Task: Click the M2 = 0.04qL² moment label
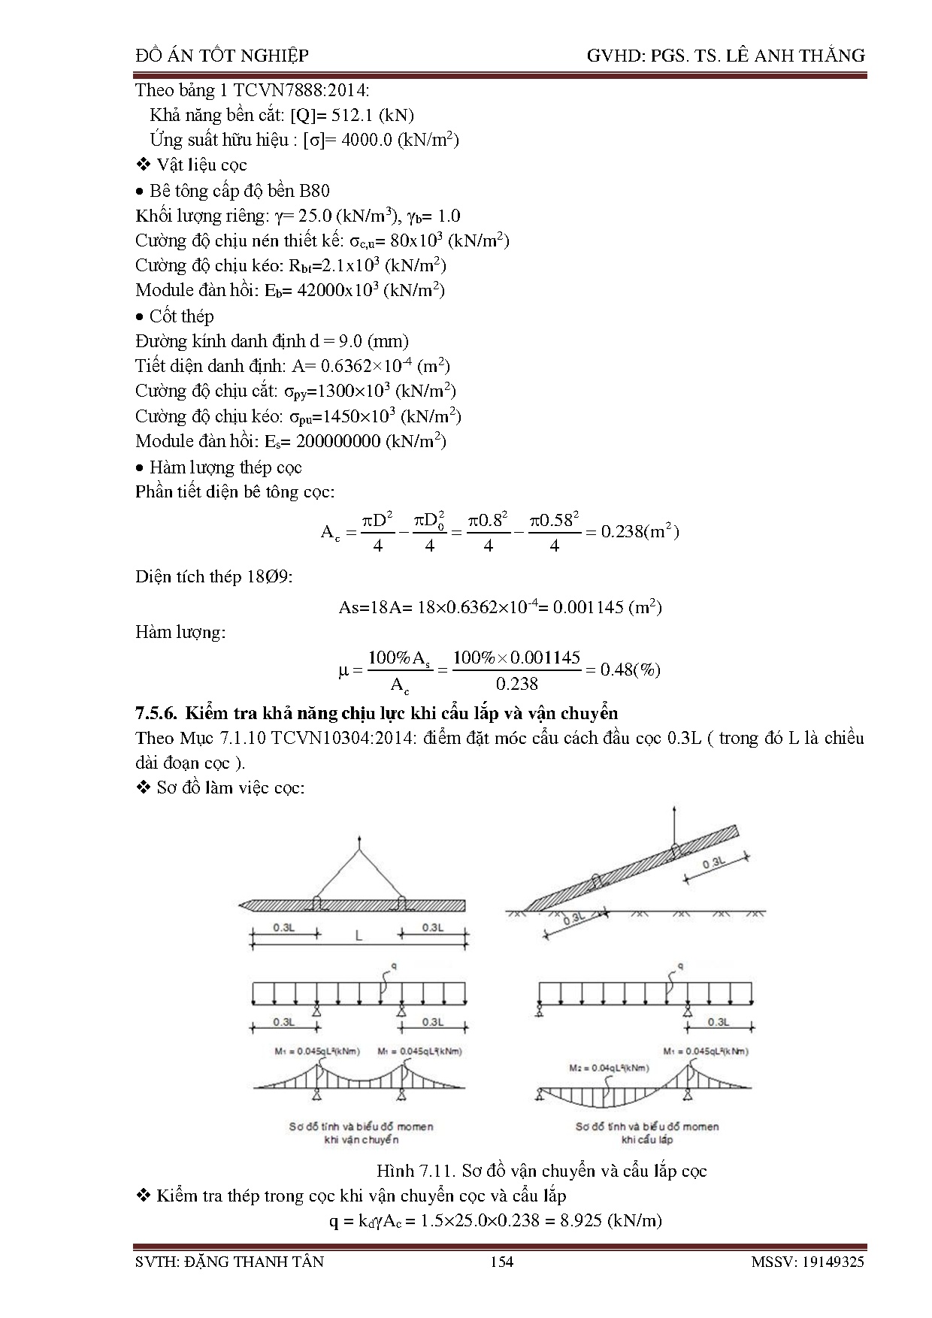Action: [609, 1068]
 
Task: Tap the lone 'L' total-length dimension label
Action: [359, 936]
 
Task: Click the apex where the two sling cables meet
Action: [360, 850]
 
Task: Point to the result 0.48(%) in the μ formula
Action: [630, 670]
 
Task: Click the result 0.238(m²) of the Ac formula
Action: [640, 532]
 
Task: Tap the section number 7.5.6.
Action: [156, 712]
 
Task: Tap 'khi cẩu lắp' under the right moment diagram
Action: [646, 1139]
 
